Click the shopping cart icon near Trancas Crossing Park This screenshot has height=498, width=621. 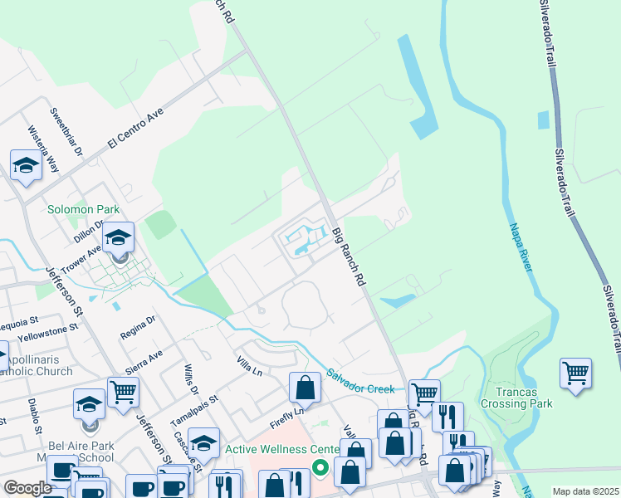[575, 373]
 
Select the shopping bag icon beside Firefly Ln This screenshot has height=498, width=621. [306, 387]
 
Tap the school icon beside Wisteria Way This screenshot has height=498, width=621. [26, 164]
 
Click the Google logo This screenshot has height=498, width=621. [28, 489]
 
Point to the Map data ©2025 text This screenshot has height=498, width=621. [584, 491]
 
